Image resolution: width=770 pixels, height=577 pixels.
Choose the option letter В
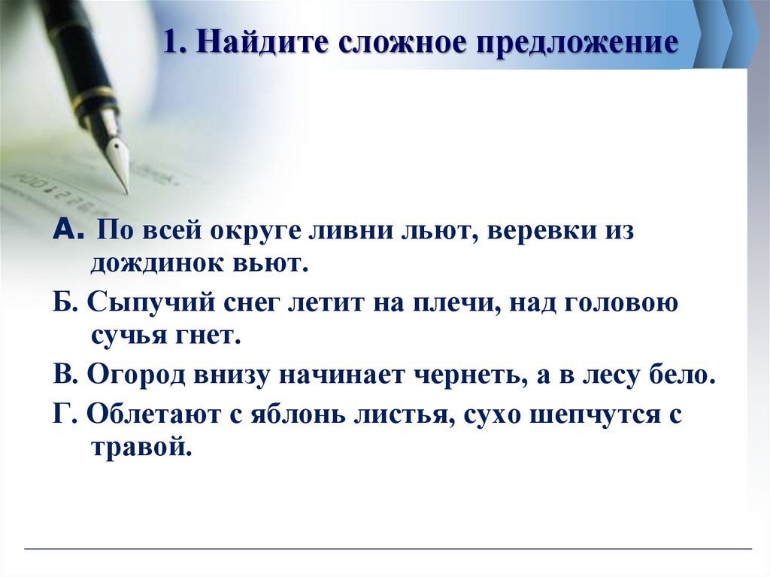click(x=61, y=375)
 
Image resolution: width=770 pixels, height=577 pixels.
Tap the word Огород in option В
click(x=135, y=375)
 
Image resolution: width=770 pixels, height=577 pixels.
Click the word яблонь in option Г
click(x=321, y=414)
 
